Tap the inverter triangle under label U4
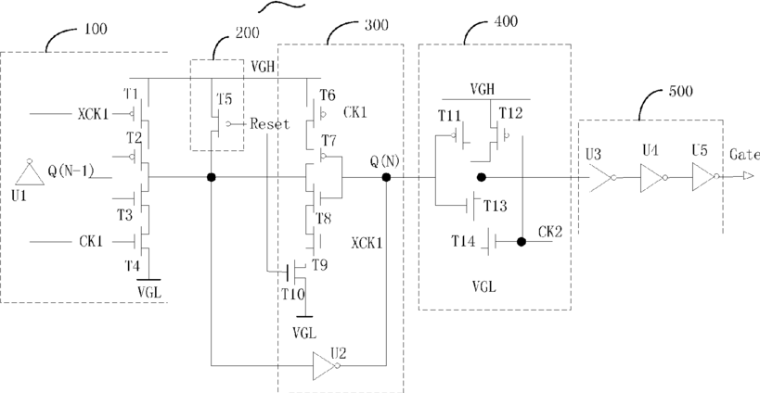click(x=654, y=178)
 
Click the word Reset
click(x=270, y=124)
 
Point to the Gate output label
click(x=744, y=155)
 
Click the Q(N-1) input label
click(x=71, y=171)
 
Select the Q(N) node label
click(x=385, y=161)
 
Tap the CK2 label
click(x=550, y=233)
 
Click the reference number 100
click(x=96, y=29)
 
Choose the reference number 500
click(x=680, y=91)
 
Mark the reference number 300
click(x=376, y=25)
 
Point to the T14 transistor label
click(x=463, y=241)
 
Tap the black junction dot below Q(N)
click(x=386, y=177)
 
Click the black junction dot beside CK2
click(x=522, y=242)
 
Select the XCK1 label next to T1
click(x=94, y=114)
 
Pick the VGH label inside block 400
click(x=483, y=89)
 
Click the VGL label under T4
click(x=149, y=292)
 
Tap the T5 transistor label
click(x=225, y=99)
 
